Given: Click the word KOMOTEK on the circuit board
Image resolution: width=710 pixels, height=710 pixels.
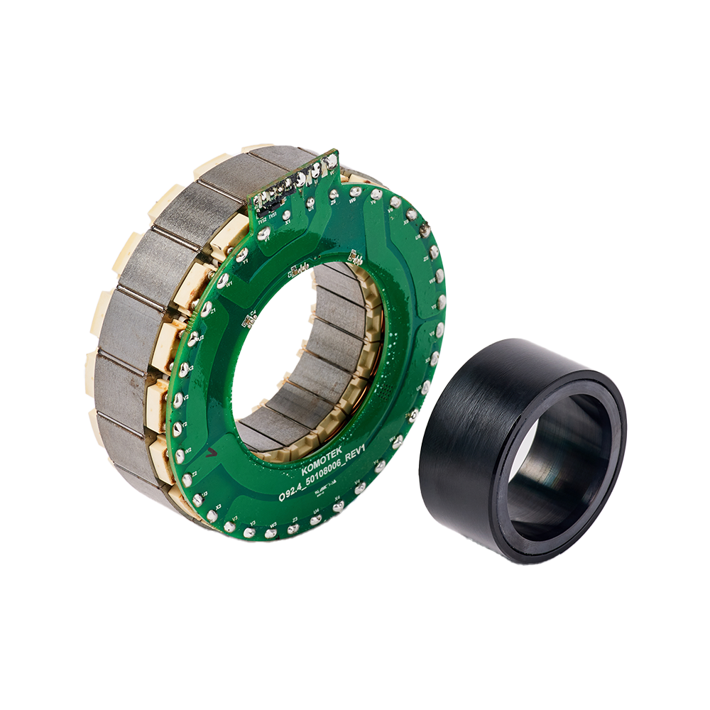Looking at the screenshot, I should pyautogui.click(x=321, y=459).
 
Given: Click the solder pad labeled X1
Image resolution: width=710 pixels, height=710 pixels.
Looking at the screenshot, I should pyautogui.click(x=286, y=215).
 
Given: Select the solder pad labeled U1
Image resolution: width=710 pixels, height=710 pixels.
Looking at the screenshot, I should pyautogui.click(x=310, y=202).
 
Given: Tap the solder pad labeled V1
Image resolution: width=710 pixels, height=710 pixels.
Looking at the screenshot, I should pyautogui.click(x=264, y=233).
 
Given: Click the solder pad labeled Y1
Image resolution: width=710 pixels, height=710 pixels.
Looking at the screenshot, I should pyautogui.click(x=242, y=255).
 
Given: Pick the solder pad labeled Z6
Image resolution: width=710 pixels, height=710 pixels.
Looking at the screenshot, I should pyautogui.click(x=334, y=195).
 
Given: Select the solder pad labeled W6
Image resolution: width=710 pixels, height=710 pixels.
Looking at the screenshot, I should pyautogui.click(x=356, y=192).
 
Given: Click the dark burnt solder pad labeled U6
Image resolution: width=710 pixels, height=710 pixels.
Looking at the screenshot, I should pyautogui.click(x=425, y=229).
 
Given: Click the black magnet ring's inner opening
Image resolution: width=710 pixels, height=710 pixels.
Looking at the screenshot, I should pyautogui.click(x=561, y=469).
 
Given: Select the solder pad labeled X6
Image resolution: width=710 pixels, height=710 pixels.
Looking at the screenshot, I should pyautogui.click(x=412, y=214).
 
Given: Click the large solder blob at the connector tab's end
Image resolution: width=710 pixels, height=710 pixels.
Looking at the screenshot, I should pyautogui.click(x=331, y=161).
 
